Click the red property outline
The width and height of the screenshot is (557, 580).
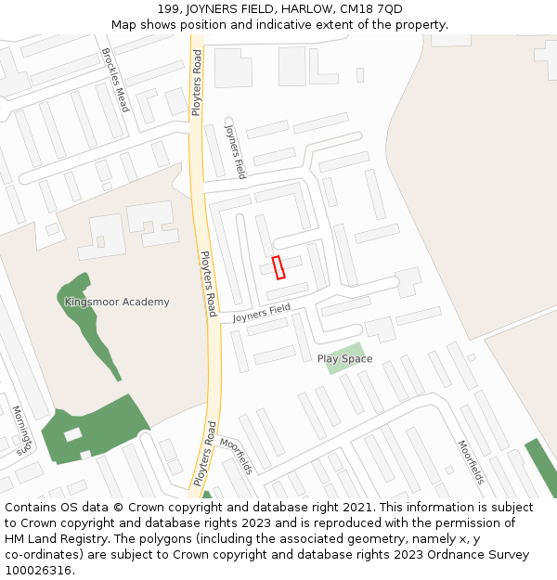pos(278,267)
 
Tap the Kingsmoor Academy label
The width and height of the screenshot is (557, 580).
pos(117,302)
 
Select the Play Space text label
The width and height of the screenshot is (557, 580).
pos(344,359)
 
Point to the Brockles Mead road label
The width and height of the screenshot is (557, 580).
pos(116,80)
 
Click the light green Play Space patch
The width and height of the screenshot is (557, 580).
pos(345,357)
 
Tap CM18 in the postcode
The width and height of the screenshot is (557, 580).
pos(359,9)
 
